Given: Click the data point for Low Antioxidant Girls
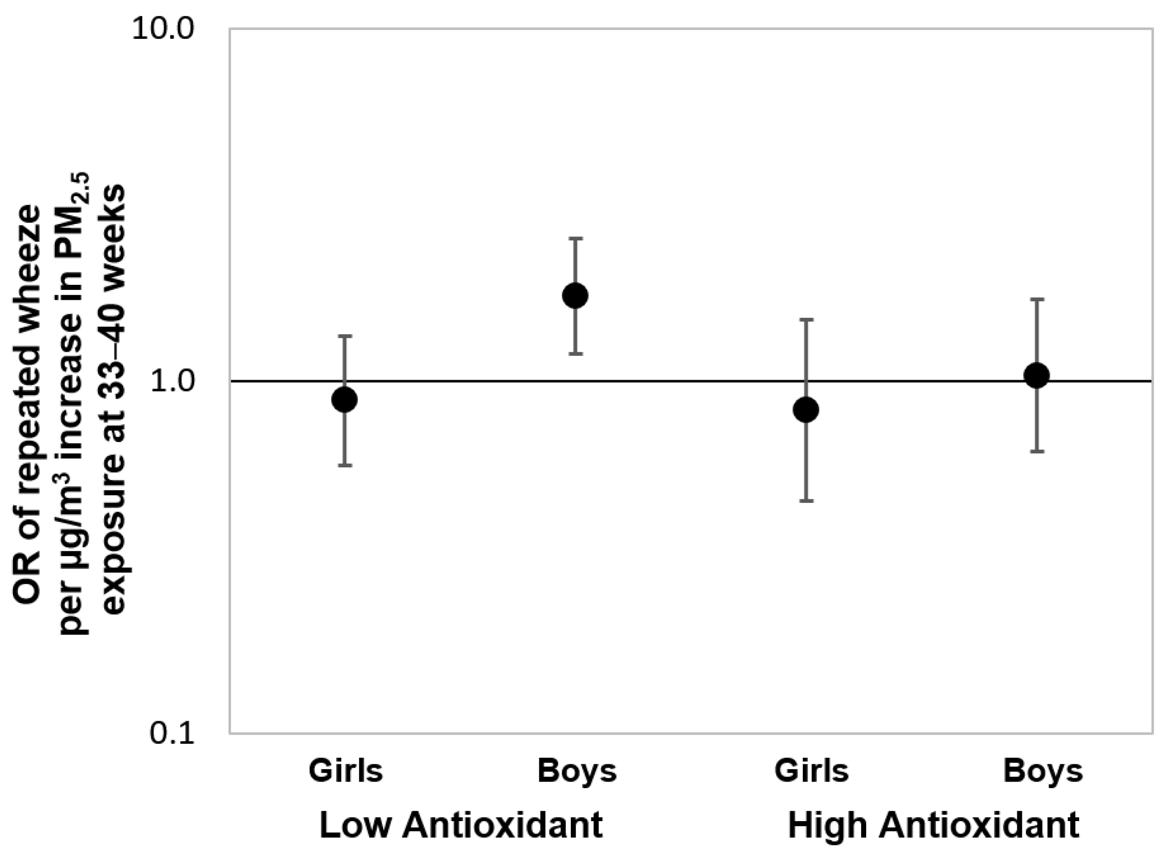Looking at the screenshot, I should coord(344,400).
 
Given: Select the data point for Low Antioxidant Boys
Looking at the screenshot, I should coord(575,296).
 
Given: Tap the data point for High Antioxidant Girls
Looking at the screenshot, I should coord(806,410).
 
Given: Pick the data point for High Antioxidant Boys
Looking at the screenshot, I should coord(1036,376).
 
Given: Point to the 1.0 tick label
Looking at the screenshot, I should coord(172,382).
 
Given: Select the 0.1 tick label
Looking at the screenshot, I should coord(172,733).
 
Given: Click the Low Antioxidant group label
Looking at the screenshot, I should coord(461,825).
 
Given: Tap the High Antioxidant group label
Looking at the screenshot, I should coord(933,825).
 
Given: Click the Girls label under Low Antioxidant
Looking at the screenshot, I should coord(346,772).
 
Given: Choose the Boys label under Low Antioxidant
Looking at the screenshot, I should coord(577,772).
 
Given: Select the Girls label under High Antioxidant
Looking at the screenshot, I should coord(811,772).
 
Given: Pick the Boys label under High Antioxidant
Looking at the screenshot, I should coord(1042,772).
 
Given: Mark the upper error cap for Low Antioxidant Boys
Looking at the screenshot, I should coord(575,238).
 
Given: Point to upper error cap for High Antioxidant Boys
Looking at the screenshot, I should coord(1036,299).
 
